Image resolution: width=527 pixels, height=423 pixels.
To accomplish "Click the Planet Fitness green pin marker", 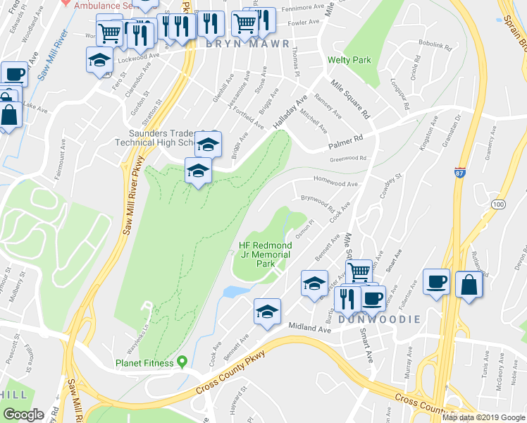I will pos(182,362).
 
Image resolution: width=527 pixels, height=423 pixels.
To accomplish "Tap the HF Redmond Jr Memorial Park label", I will pos(266,255).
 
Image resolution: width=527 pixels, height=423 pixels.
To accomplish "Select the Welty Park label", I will pos(349,60).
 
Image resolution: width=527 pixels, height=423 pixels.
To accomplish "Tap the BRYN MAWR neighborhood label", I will pos(247,44).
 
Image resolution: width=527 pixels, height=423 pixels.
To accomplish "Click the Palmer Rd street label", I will pos(345,142).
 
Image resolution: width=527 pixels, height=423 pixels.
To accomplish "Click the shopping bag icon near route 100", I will pos(469,285).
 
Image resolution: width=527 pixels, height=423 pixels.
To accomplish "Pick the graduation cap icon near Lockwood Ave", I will pos(99,60).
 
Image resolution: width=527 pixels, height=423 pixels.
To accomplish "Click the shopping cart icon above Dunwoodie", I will pos(359,272).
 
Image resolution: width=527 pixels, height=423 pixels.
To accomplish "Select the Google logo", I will pos(24,415).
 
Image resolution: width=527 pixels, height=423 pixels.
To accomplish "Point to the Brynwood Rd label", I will pos(318,202).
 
